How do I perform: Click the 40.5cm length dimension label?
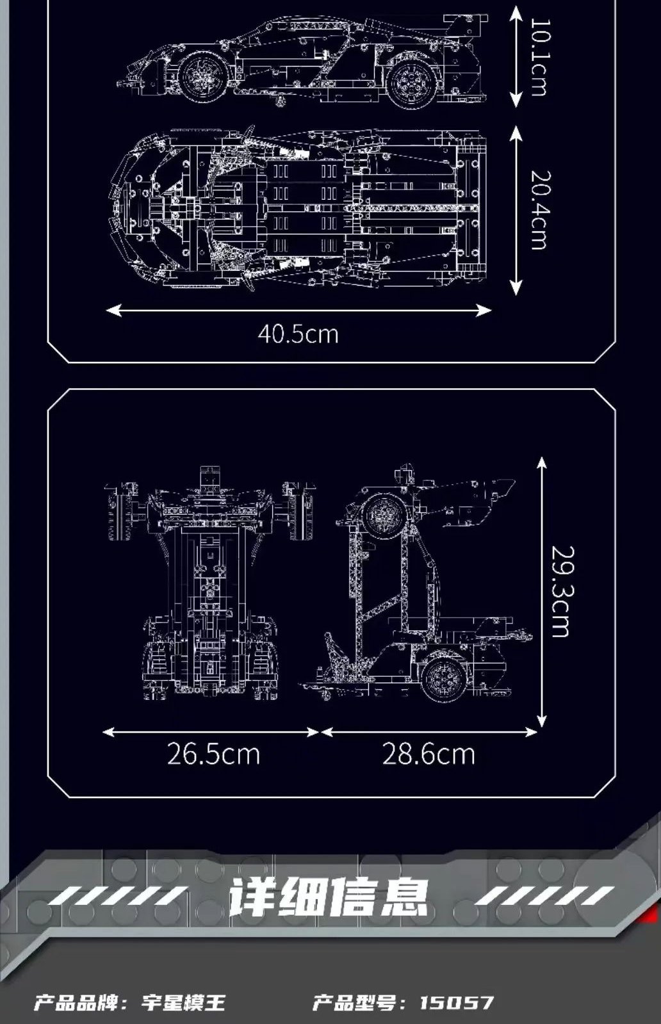[298, 334]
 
